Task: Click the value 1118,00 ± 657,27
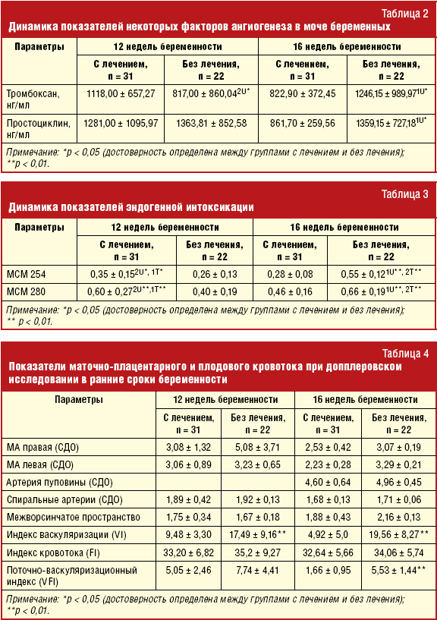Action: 121,93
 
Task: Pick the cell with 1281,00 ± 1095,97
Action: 121,122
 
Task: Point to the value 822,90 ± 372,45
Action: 302,93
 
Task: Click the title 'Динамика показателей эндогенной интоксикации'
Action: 130,207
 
